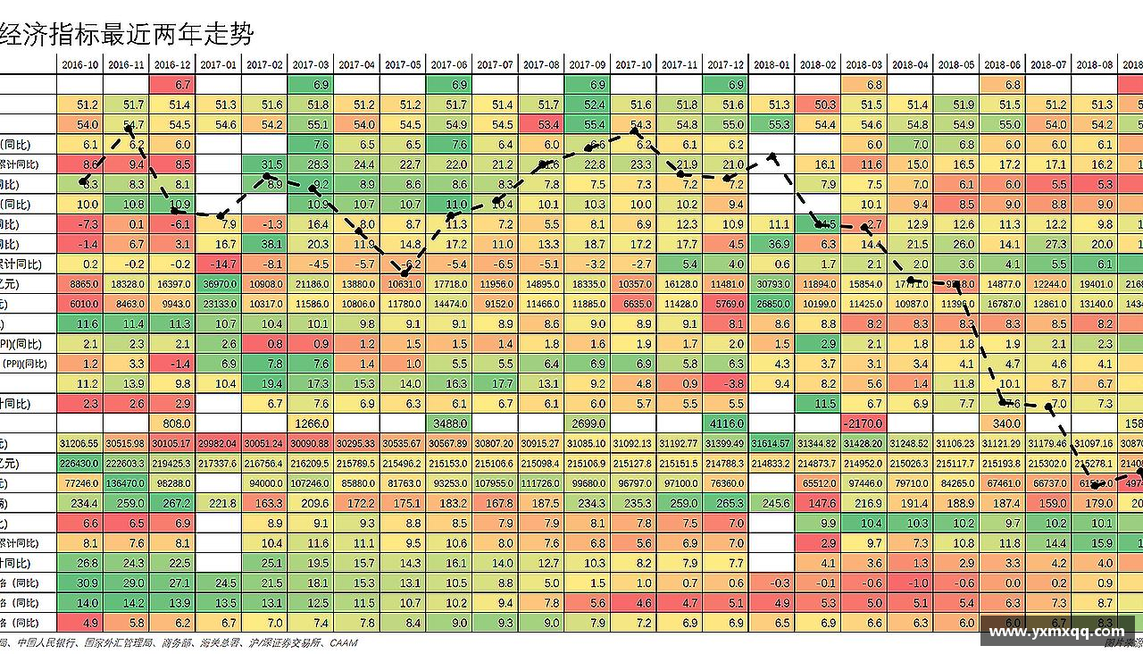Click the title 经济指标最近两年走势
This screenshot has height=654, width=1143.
[128, 34]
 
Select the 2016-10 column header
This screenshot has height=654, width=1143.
[80, 65]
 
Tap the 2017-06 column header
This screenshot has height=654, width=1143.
[448, 65]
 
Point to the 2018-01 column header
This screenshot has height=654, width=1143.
[772, 65]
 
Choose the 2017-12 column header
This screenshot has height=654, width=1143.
[725, 65]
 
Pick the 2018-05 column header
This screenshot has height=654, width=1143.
[955, 65]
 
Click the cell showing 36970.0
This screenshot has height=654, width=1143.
[219, 284]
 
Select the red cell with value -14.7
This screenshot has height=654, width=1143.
[219, 264]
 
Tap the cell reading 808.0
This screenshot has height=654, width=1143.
[172, 423]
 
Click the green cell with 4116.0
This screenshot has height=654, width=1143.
[725, 423]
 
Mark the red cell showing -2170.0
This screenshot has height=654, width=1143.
[864, 423]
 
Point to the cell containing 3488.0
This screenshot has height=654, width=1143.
[448, 423]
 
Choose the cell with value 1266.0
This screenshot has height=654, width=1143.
[311, 423]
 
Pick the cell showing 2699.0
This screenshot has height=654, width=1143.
[587, 423]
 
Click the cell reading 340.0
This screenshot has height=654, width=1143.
[1002, 423]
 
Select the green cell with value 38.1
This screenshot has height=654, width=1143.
[264, 245]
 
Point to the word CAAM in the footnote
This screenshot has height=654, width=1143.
[343, 643]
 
